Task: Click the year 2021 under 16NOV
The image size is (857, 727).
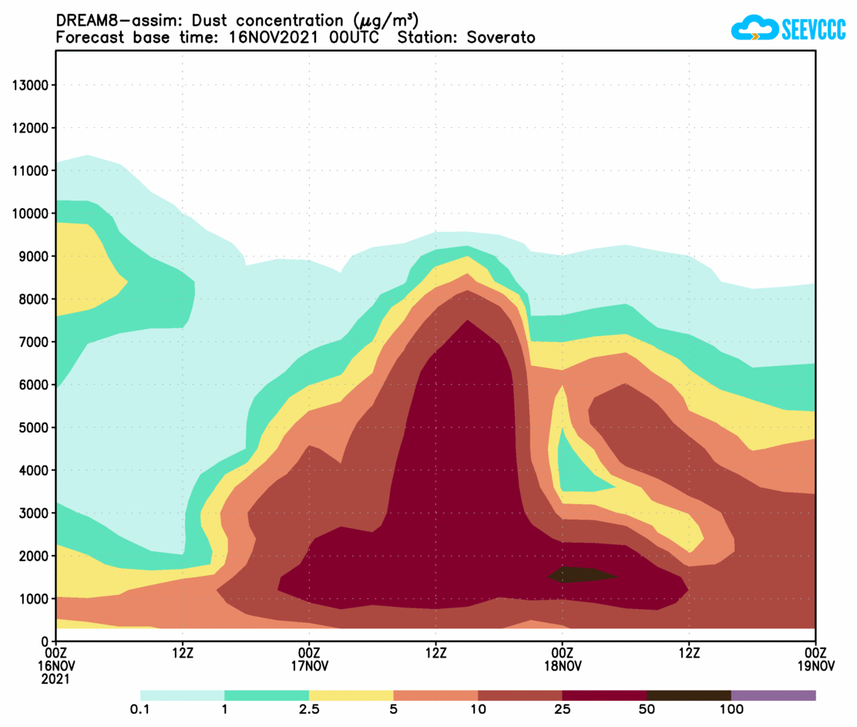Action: tap(55, 679)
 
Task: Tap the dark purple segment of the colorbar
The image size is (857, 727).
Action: tap(604, 695)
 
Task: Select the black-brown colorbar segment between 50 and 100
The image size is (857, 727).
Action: tap(688, 695)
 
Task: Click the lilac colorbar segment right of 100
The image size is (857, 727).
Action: tap(773, 695)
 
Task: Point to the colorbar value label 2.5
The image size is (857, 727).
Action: tap(309, 709)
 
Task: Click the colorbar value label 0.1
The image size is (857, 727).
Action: tap(140, 709)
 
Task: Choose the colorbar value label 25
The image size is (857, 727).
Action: tap(563, 709)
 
